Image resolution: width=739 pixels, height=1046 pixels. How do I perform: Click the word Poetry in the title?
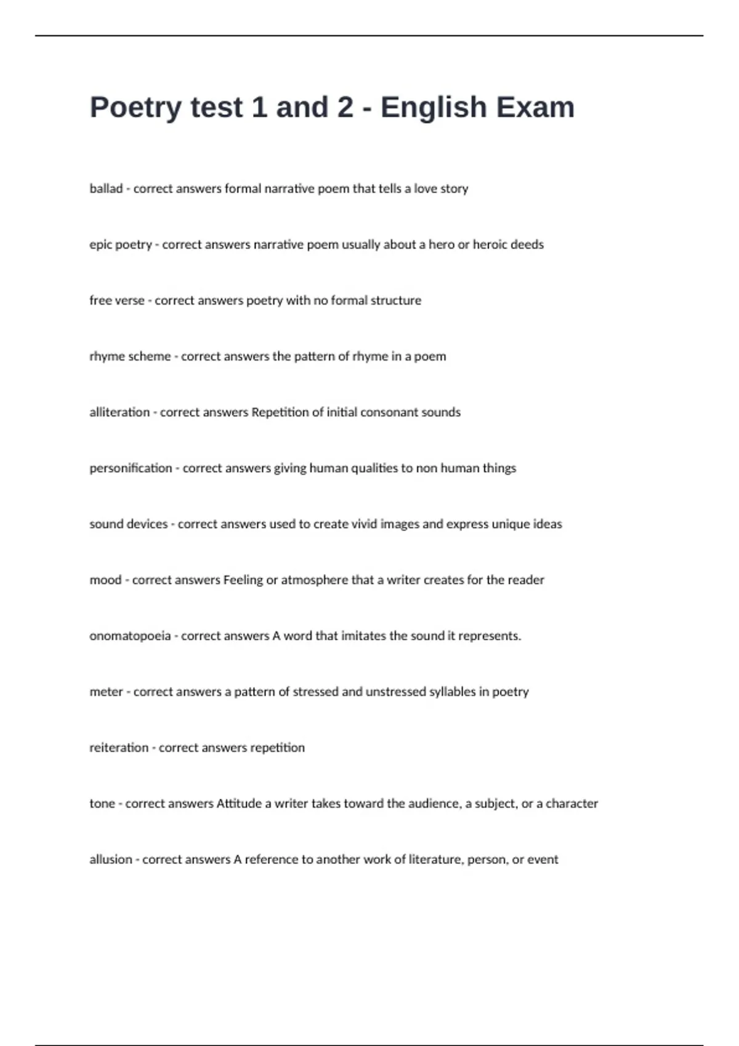(135, 108)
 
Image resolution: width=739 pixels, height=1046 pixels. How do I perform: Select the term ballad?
(106, 189)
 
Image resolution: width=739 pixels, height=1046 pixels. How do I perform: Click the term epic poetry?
(121, 245)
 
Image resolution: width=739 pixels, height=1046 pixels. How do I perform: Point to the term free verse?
(117, 301)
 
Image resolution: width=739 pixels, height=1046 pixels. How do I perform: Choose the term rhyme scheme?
(130, 357)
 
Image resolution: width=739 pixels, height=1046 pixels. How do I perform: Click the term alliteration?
(119, 412)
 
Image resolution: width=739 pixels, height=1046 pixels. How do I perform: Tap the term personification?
(131, 468)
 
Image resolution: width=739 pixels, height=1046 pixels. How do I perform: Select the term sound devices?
(128, 524)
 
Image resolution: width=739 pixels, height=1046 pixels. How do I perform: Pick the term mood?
(105, 580)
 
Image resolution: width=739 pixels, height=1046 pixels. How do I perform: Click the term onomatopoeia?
(130, 636)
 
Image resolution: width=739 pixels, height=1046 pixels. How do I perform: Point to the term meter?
(106, 692)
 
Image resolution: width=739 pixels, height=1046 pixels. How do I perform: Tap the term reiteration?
(119, 748)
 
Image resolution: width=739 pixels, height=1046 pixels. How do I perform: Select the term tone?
(102, 804)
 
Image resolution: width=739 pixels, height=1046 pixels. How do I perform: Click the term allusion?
(111, 860)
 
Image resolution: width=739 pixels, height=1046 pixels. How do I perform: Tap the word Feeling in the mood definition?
(243, 580)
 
